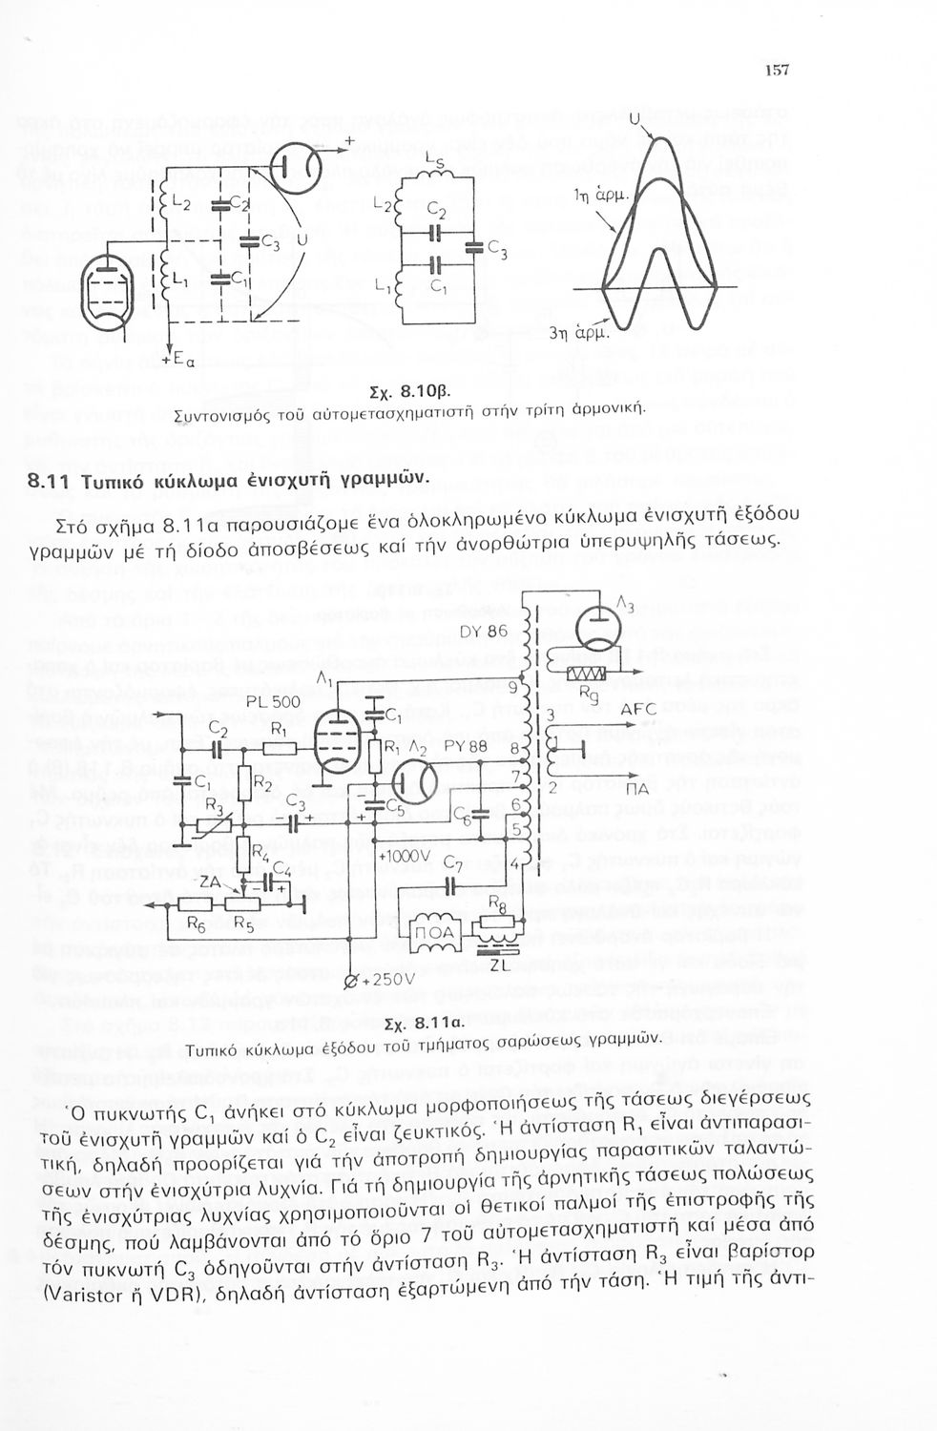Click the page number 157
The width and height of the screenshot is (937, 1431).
pyautogui.click(x=777, y=70)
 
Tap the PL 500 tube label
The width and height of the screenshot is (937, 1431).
pyautogui.click(x=273, y=702)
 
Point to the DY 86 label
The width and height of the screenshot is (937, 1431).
pyautogui.click(x=484, y=631)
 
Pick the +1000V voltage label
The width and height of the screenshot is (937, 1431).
pyautogui.click(x=404, y=856)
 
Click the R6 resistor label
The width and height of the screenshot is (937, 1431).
pyautogui.click(x=198, y=923)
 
